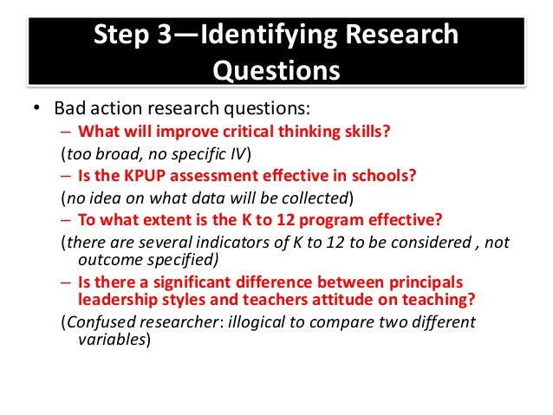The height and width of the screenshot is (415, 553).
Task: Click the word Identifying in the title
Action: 261,36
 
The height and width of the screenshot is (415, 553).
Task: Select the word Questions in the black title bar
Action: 276,68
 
